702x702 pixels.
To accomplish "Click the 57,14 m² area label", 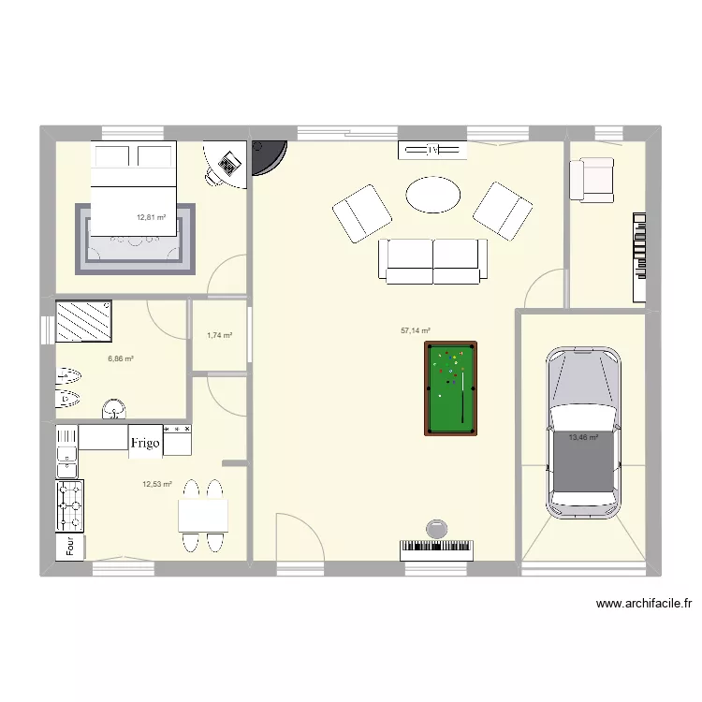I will point(416,330).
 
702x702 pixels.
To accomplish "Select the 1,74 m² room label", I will point(219,335).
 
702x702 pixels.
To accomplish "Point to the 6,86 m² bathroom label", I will point(121,358).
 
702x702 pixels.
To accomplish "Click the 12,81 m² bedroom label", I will point(151,217).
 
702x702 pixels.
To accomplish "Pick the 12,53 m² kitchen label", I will point(157,484).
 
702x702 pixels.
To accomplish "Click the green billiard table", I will point(450,388).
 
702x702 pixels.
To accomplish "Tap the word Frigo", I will point(146,443).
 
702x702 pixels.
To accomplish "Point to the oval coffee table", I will point(432,196).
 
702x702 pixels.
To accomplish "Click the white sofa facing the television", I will point(431,261).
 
